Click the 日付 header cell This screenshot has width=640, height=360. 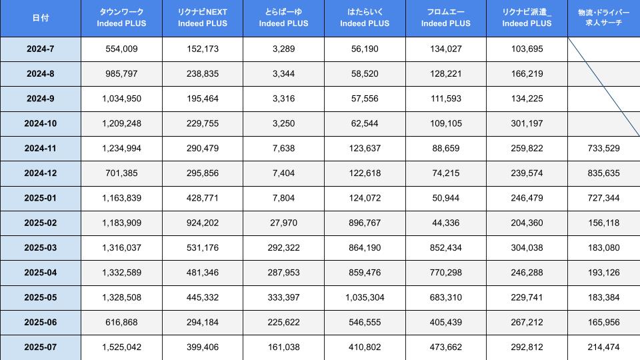[x=40, y=18]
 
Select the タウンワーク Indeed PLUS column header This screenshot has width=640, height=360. [x=121, y=18]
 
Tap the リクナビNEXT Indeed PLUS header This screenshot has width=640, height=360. [x=203, y=18]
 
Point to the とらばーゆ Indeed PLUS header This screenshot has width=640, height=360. [x=283, y=18]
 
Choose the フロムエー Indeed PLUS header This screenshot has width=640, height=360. [x=446, y=18]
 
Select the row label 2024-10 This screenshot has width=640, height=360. [x=40, y=124]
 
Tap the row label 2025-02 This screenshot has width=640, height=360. [x=40, y=223]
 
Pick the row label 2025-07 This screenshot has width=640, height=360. [x=40, y=347]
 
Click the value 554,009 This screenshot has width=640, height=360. [x=121, y=49]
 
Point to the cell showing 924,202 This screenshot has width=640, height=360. [x=203, y=223]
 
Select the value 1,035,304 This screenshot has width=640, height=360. [x=365, y=298]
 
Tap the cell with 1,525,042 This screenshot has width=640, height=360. [x=121, y=347]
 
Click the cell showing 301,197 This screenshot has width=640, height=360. [x=527, y=124]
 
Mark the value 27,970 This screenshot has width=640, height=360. [x=283, y=223]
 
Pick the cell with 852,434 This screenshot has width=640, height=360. [x=446, y=248]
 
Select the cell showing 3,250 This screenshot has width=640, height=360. [x=283, y=124]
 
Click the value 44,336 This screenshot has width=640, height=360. [x=446, y=223]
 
